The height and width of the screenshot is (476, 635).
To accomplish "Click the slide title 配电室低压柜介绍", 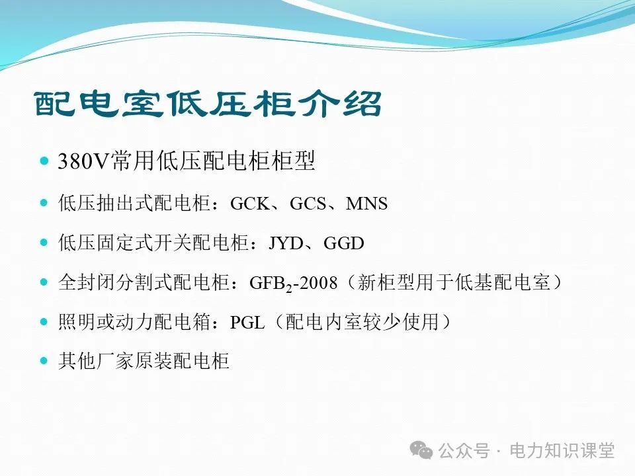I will [x=208, y=104].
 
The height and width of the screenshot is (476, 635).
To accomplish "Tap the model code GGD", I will [x=344, y=243].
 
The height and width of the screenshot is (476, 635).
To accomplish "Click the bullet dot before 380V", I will [x=44, y=162].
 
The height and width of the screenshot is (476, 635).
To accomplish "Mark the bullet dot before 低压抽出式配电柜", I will [x=44, y=203].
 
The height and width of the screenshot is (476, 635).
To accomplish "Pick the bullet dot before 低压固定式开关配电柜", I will [x=44, y=243].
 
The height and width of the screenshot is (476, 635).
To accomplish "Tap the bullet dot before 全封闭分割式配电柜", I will [x=44, y=282].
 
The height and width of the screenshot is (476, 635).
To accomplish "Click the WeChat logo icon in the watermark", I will [x=421, y=450].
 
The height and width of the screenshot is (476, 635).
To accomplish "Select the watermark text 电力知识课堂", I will [x=562, y=451].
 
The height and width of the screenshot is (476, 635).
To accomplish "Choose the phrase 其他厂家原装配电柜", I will [x=144, y=362].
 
